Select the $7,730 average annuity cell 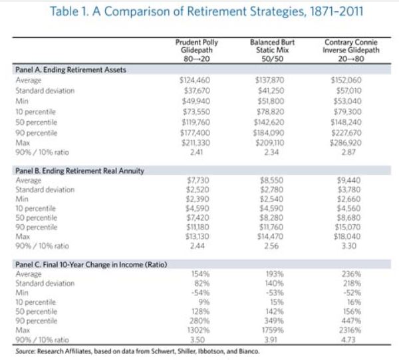pos(195,180)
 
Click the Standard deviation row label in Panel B pos(45,189)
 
